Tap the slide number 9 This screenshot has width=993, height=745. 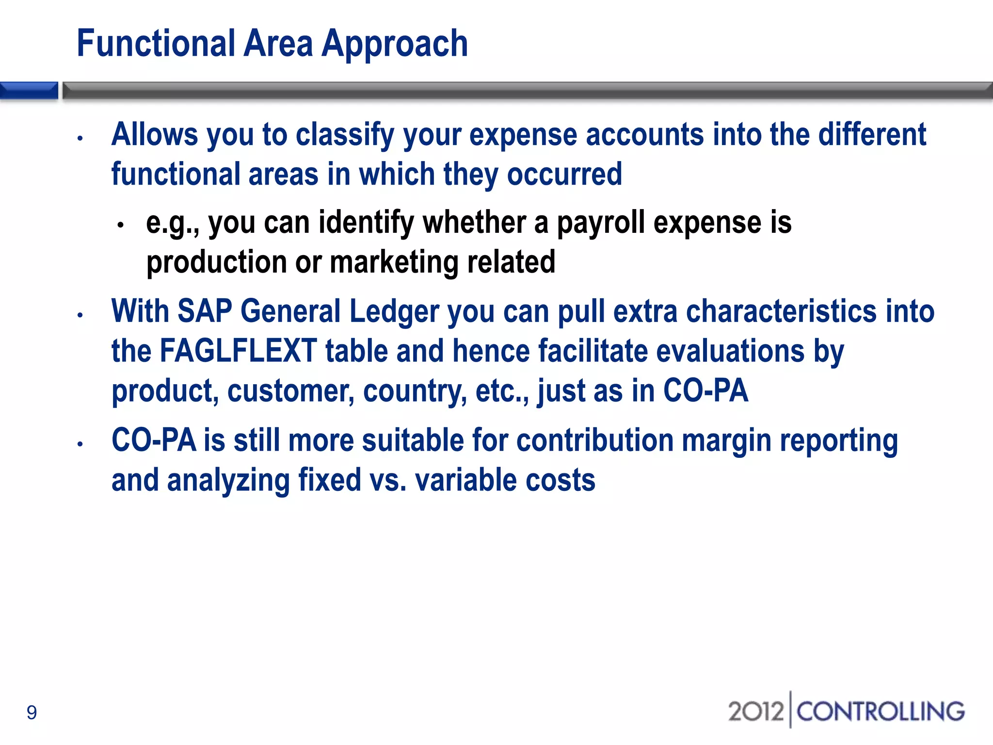(x=32, y=713)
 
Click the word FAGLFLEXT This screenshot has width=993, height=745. (x=238, y=351)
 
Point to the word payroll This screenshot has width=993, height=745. (x=601, y=224)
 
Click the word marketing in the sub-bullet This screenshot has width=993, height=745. (x=394, y=262)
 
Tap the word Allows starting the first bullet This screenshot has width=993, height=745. (x=155, y=135)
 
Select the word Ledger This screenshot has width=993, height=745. (x=394, y=312)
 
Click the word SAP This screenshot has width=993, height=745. (x=205, y=311)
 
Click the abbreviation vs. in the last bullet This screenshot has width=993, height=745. (x=387, y=480)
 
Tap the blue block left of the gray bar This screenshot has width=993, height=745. (x=29, y=91)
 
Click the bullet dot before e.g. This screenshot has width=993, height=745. (x=121, y=225)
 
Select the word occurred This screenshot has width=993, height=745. (x=564, y=175)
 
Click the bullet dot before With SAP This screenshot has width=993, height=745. (x=80, y=315)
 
